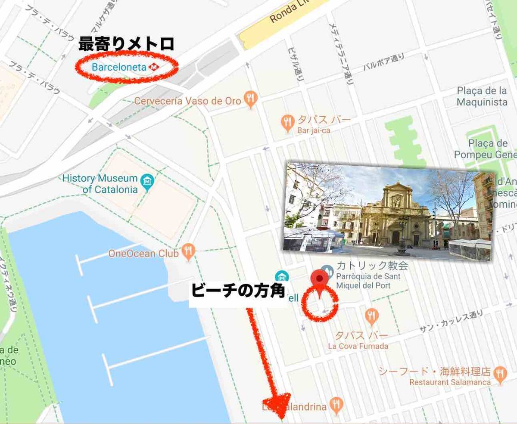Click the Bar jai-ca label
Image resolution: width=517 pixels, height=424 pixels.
[313, 130]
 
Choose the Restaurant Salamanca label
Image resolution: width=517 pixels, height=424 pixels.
[450, 382]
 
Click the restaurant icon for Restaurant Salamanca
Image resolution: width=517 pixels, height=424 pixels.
[500, 374]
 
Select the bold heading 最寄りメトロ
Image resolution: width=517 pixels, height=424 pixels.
[126, 44]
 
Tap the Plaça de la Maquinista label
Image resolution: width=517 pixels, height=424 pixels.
[482, 96]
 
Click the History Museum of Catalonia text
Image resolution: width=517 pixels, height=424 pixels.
[100, 184]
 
